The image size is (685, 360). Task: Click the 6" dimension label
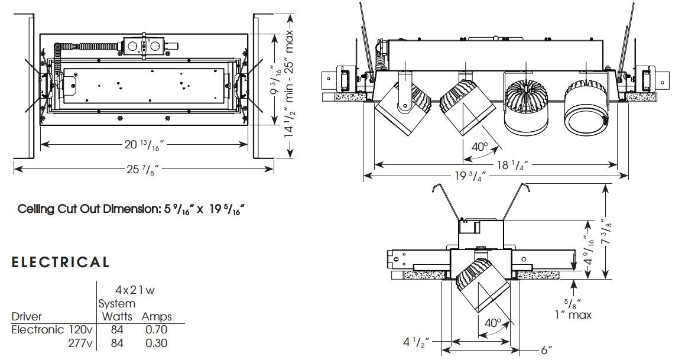pyautogui.click(x=547, y=349)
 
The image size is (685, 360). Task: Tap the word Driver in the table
pyautogui.click(x=27, y=317)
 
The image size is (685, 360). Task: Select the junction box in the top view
pyautogui.click(x=142, y=46)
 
